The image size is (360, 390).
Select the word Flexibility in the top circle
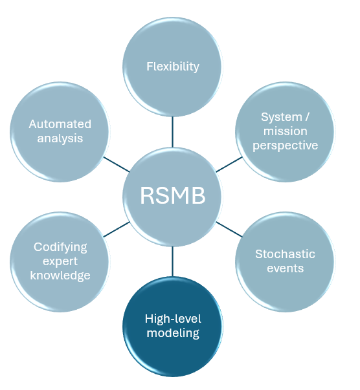172,67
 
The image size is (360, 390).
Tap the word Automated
60,124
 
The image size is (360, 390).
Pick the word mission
285,131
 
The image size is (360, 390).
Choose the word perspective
285,146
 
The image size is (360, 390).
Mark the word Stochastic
285,254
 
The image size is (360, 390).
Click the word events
285,268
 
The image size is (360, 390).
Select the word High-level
172,319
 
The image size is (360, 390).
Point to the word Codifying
60,247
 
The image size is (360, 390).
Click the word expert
60,261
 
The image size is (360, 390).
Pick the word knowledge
60,276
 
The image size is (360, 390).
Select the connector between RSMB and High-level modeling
172,261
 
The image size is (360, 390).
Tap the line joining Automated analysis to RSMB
117,164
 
